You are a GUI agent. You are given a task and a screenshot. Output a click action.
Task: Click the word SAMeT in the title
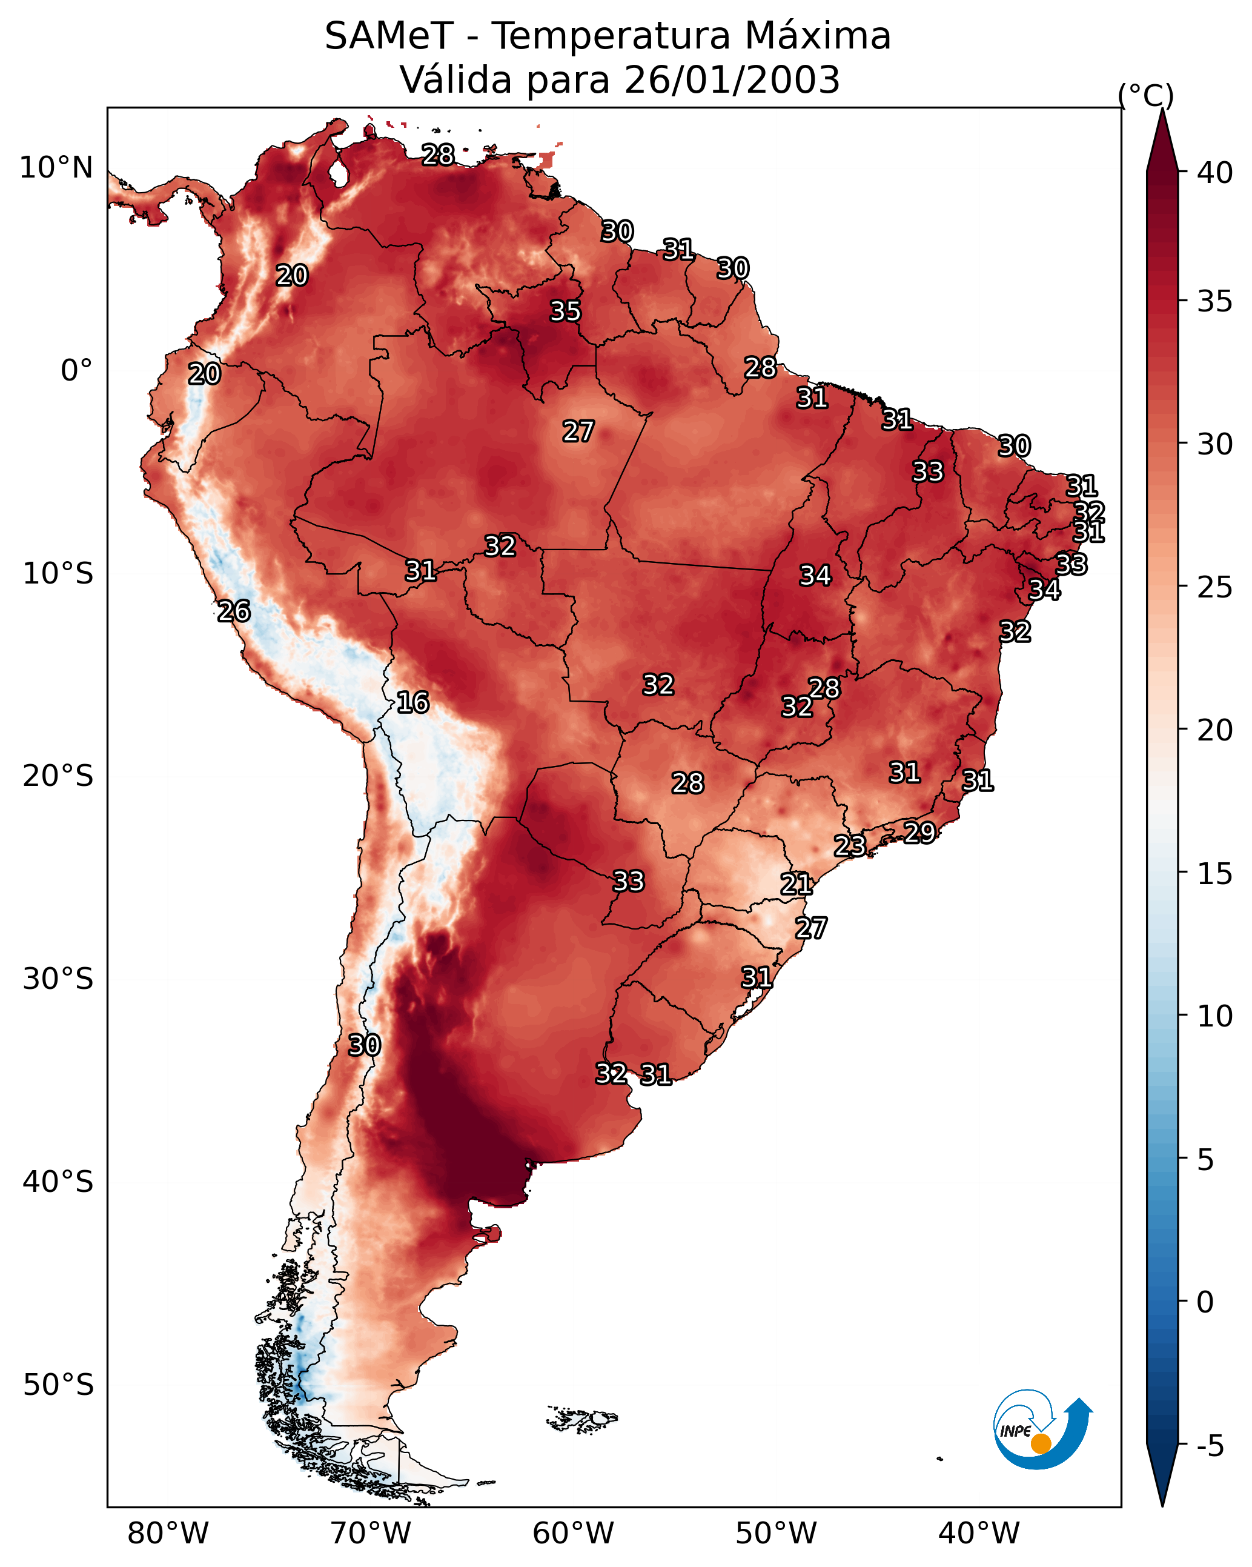coord(389,36)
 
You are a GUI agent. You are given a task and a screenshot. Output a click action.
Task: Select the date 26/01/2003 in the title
coord(732,80)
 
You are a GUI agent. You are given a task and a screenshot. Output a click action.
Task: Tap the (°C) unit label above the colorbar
coord(1145,95)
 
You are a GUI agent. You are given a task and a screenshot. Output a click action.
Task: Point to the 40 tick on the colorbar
coord(1215,173)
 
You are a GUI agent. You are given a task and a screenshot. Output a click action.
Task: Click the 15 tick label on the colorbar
coord(1215,874)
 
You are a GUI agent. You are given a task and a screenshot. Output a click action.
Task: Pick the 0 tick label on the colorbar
coord(1205,1302)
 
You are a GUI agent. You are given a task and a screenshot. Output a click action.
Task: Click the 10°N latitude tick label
coord(56,168)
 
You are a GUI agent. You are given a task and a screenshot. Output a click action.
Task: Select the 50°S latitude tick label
coord(58,1385)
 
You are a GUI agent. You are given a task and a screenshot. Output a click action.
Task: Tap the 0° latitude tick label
coord(76,371)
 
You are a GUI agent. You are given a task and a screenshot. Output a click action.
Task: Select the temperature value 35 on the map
coord(565,311)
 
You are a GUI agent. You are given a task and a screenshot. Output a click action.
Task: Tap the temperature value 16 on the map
coord(412,702)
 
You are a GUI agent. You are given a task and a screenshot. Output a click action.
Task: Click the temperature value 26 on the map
coord(234,611)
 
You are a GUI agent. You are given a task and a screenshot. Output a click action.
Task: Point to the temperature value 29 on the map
coord(919,832)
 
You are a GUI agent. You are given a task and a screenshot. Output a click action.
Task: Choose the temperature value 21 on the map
coord(797,884)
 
